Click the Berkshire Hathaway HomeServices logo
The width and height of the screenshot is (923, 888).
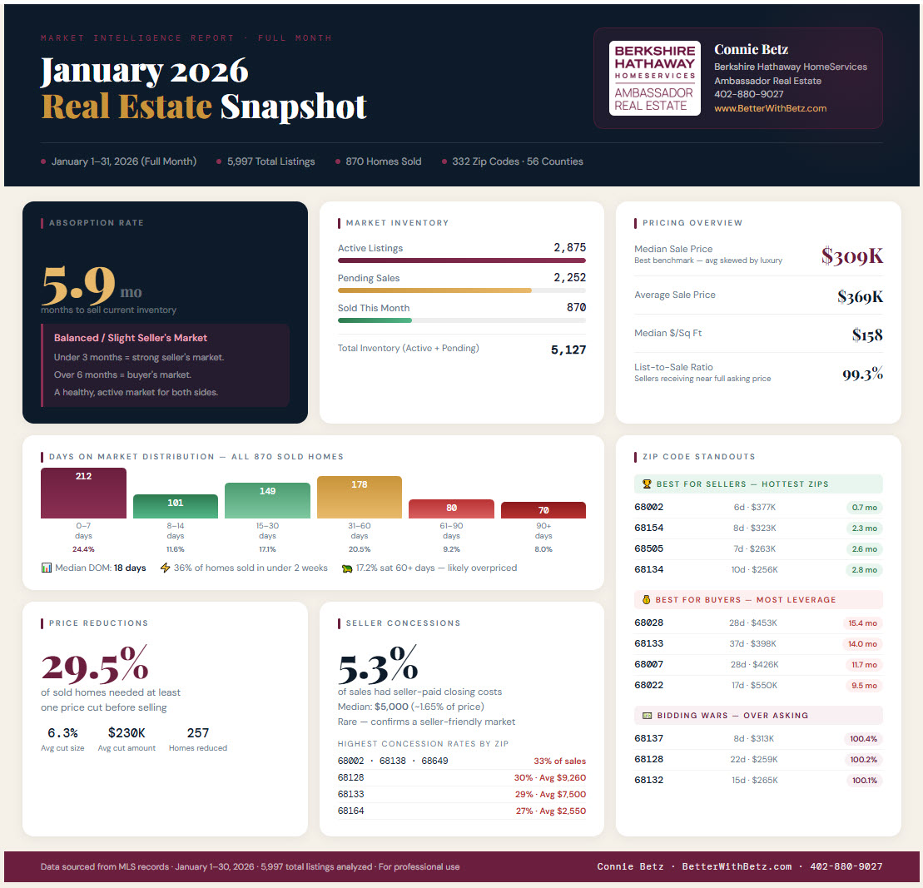[654, 78]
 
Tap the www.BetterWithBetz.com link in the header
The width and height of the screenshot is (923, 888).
[770, 108]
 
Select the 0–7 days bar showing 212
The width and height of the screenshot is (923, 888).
[83, 493]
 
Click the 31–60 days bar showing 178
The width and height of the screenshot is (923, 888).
[360, 497]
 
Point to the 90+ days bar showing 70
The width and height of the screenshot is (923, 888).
[543, 510]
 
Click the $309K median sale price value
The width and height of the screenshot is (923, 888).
[851, 256]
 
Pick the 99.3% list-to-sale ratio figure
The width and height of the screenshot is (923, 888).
[862, 374]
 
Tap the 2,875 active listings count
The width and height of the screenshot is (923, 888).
[569, 247]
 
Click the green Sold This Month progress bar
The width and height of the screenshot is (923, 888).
[375, 320]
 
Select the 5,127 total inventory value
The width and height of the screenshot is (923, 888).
[568, 350]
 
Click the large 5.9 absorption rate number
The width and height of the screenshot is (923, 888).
[78, 285]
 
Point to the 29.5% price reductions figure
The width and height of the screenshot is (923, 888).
[95, 666]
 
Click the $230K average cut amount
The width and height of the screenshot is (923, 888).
[127, 733]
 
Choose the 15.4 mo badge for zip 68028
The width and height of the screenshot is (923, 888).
[862, 623]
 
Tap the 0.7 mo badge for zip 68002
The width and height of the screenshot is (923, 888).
[863, 507]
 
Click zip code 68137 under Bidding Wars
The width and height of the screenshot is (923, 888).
[648, 739]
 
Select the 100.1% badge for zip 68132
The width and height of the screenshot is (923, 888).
[863, 781]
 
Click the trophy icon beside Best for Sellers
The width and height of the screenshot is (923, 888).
[647, 484]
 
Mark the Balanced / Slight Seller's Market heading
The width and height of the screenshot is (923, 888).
[131, 338]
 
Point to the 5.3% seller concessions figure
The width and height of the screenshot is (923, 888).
[378, 666]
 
